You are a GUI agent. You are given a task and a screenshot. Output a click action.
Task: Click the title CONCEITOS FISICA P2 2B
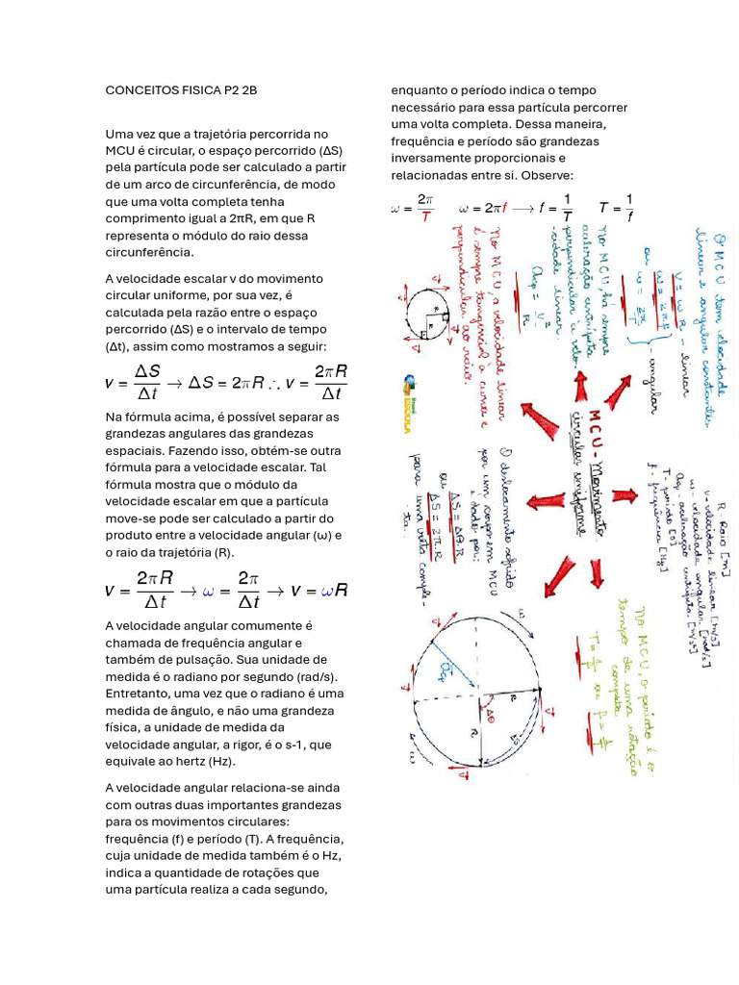[x=181, y=90]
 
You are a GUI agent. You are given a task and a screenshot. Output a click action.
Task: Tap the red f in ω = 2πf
[x=504, y=208]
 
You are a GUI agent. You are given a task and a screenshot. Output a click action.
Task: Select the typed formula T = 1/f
[x=616, y=207]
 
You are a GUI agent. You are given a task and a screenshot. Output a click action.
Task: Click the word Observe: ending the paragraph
[x=547, y=175]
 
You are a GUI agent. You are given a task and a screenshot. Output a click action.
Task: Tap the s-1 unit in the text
[x=289, y=744]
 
